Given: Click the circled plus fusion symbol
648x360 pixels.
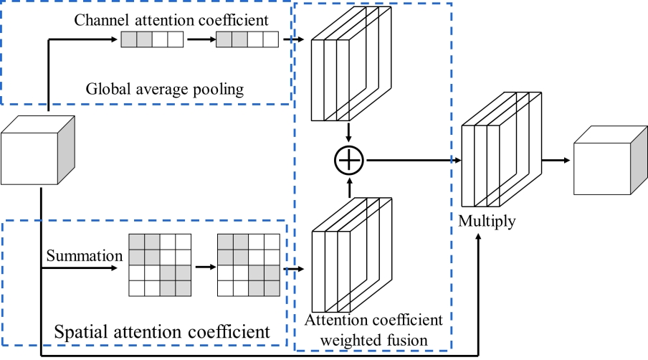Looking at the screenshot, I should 349,161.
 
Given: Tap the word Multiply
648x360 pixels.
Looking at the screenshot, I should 487,222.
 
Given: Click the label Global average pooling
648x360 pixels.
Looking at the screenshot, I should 165,90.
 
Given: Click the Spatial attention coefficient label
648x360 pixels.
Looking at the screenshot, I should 162,332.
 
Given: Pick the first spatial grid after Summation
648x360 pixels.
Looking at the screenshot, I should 159,265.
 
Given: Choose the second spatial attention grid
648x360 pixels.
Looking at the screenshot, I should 248,265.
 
